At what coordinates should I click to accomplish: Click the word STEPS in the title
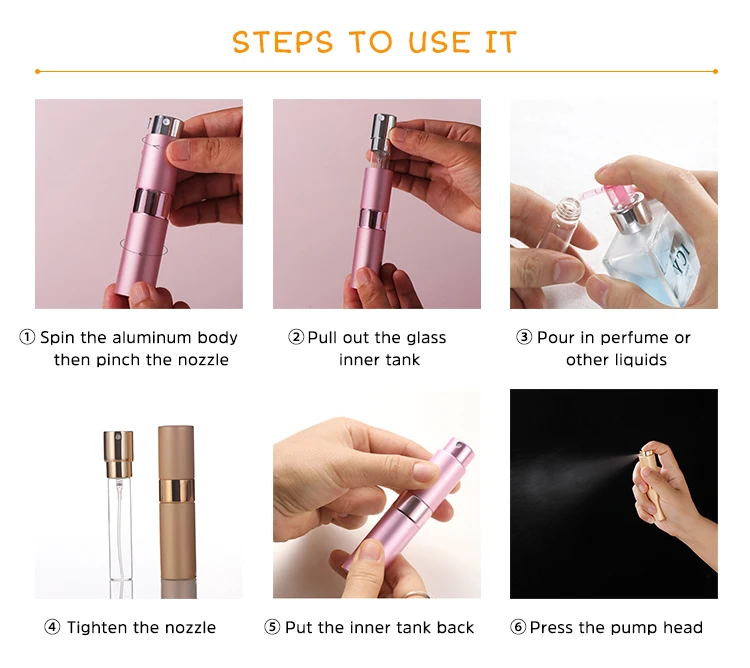(283, 42)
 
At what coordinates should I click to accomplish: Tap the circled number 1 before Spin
(27, 337)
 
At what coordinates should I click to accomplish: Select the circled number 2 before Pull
(296, 337)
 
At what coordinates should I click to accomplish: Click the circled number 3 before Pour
(524, 337)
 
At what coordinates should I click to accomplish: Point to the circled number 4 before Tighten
(52, 627)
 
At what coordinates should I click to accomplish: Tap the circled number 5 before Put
(272, 627)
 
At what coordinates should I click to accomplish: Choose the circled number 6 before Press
(518, 627)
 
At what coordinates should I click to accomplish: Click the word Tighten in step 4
(99, 627)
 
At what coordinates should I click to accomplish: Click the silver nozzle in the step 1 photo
(166, 126)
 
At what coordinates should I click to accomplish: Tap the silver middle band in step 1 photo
(152, 204)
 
